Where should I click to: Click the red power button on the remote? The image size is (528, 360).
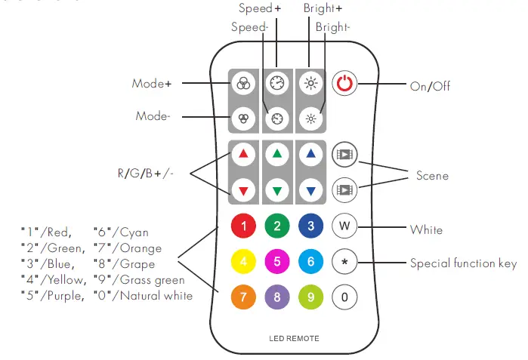click(344, 84)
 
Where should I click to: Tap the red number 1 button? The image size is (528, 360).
click(242, 225)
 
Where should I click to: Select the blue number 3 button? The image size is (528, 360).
click(310, 225)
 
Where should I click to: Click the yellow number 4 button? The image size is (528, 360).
click(242, 261)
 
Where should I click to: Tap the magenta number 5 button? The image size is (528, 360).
click(276, 261)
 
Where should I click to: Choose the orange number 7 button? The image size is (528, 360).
click(242, 297)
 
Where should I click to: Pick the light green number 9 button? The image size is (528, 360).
click(310, 297)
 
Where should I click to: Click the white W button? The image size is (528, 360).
click(344, 225)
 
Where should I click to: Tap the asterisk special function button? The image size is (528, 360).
click(344, 261)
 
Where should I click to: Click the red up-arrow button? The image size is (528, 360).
click(242, 154)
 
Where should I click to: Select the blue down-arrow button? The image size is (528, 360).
click(310, 189)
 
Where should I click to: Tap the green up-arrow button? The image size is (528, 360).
click(276, 154)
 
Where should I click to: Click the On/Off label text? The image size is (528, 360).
click(430, 86)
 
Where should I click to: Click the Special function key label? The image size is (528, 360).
click(463, 263)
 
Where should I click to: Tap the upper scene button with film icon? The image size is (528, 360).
click(344, 154)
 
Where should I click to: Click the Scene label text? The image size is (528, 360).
click(432, 176)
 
